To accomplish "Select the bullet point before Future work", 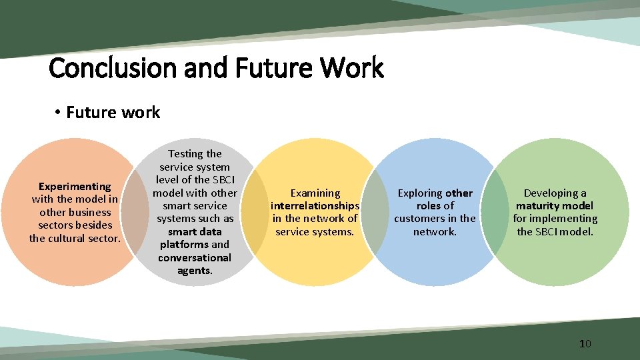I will pos(58,113).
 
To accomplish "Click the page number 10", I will pos(585,344).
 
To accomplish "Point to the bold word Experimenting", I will pos(75,187).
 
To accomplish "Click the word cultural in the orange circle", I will pos(72,238).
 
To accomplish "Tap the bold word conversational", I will pos(195,258).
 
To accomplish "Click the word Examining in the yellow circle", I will pos(315,193).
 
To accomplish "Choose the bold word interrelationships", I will pos(315,206).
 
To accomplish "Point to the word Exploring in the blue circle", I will pos(420,193).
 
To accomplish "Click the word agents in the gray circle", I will pos(193,271).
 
